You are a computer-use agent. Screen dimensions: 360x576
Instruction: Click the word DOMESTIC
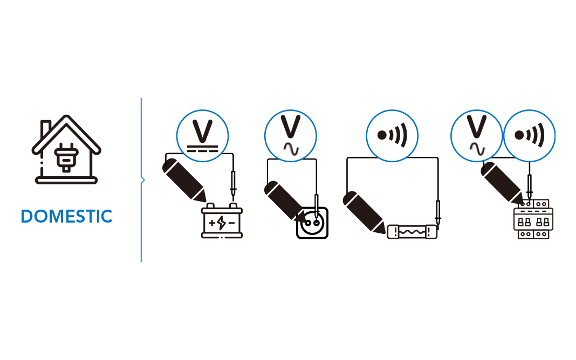coord(67,217)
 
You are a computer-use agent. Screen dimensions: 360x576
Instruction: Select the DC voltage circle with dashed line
coord(203,136)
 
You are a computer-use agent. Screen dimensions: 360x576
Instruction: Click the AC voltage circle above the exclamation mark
coord(290,136)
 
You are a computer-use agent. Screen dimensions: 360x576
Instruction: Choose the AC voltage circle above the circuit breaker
coord(476,136)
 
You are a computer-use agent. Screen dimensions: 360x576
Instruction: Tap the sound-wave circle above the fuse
coord(392,136)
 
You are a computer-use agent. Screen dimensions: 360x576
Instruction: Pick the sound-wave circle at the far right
coord(529,136)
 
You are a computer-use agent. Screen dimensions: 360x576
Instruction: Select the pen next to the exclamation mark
coord(284,201)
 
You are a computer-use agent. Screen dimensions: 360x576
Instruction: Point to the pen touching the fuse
coord(364,212)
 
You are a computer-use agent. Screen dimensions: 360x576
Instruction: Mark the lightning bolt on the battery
coord(222,223)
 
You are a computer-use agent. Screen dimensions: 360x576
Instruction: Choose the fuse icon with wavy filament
coord(413,232)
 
